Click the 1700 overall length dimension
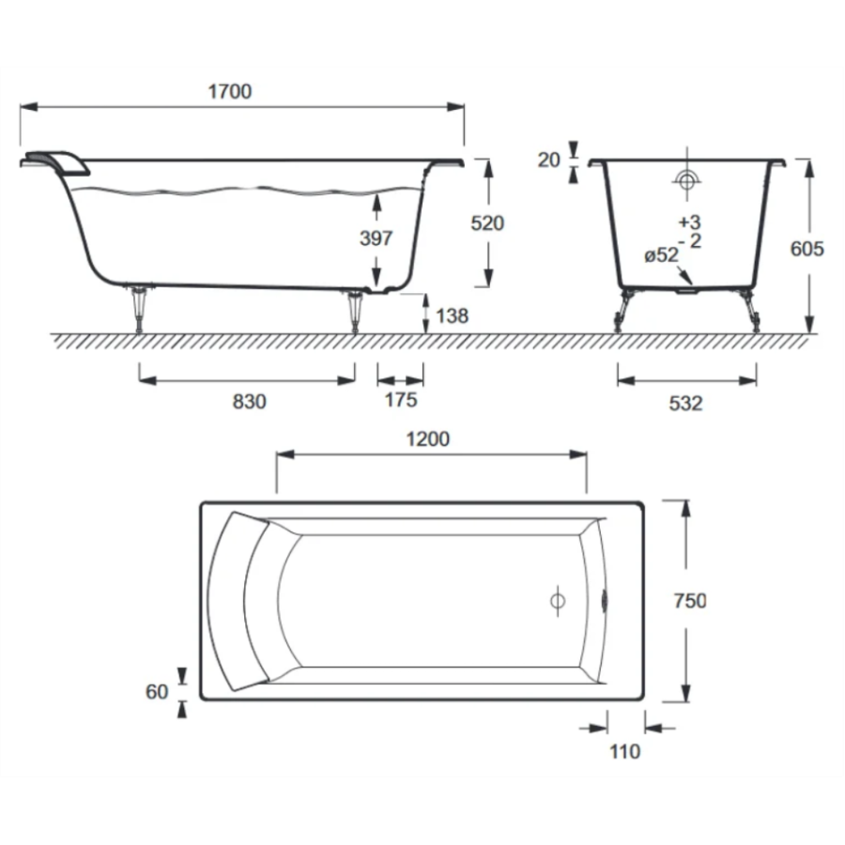click(x=230, y=92)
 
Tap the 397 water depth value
click(x=376, y=238)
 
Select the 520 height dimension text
click(x=487, y=223)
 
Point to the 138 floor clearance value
click(x=453, y=315)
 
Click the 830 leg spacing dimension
click(x=249, y=402)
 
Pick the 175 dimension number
click(x=401, y=400)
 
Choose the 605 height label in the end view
click(x=807, y=249)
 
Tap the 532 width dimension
click(x=685, y=403)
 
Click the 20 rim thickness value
click(x=548, y=160)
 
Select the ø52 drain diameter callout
click(x=661, y=254)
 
